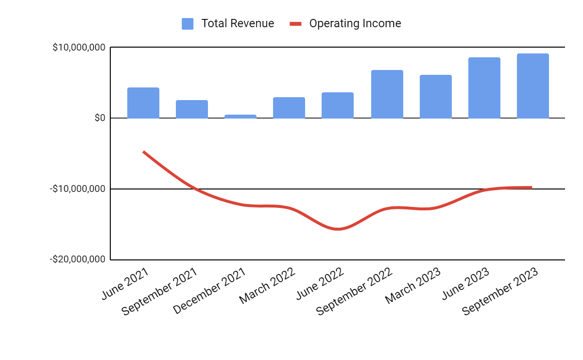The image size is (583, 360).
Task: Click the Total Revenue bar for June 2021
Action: (x=143, y=103)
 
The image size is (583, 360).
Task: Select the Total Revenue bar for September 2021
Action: (x=192, y=109)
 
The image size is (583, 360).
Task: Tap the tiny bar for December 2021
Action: (x=240, y=116)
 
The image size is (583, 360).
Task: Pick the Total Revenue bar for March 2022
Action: (x=289, y=108)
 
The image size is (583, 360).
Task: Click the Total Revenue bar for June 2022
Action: (x=338, y=105)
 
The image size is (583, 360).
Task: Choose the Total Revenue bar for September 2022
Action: (x=387, y=94)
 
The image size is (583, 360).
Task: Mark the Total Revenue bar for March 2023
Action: (x=436, y=97)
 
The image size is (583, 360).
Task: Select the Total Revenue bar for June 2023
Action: (x=484, y=88)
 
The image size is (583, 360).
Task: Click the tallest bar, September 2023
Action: (x=533, y=86)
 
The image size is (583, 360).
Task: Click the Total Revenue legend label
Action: (x=238, y=23)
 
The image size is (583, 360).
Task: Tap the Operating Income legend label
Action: (x=355, y=23)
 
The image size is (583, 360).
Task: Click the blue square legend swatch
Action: (x=188, y=24)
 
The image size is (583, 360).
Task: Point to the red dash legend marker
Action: (x=296, y=24)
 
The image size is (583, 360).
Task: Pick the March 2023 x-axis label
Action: (x=413, y=286)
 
